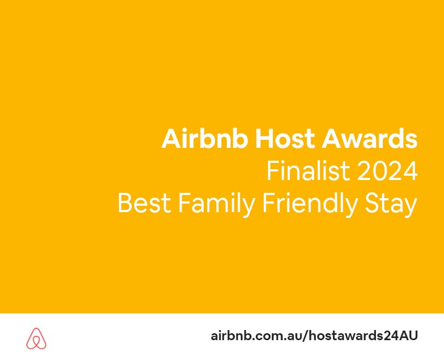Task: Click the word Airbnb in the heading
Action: pos(205,138)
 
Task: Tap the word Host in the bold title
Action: pos(285,139)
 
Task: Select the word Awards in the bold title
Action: pos(369,138)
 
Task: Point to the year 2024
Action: pos(387,171)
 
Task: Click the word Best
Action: pos(144,203)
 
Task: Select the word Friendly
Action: pos(310,205)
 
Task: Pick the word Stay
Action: pos(391,205)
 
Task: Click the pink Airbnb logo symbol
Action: pos(36,338)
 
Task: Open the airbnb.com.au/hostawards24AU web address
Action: pos(314,336)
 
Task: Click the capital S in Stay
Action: pos(372,203)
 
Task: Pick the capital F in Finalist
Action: pos(273,171)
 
